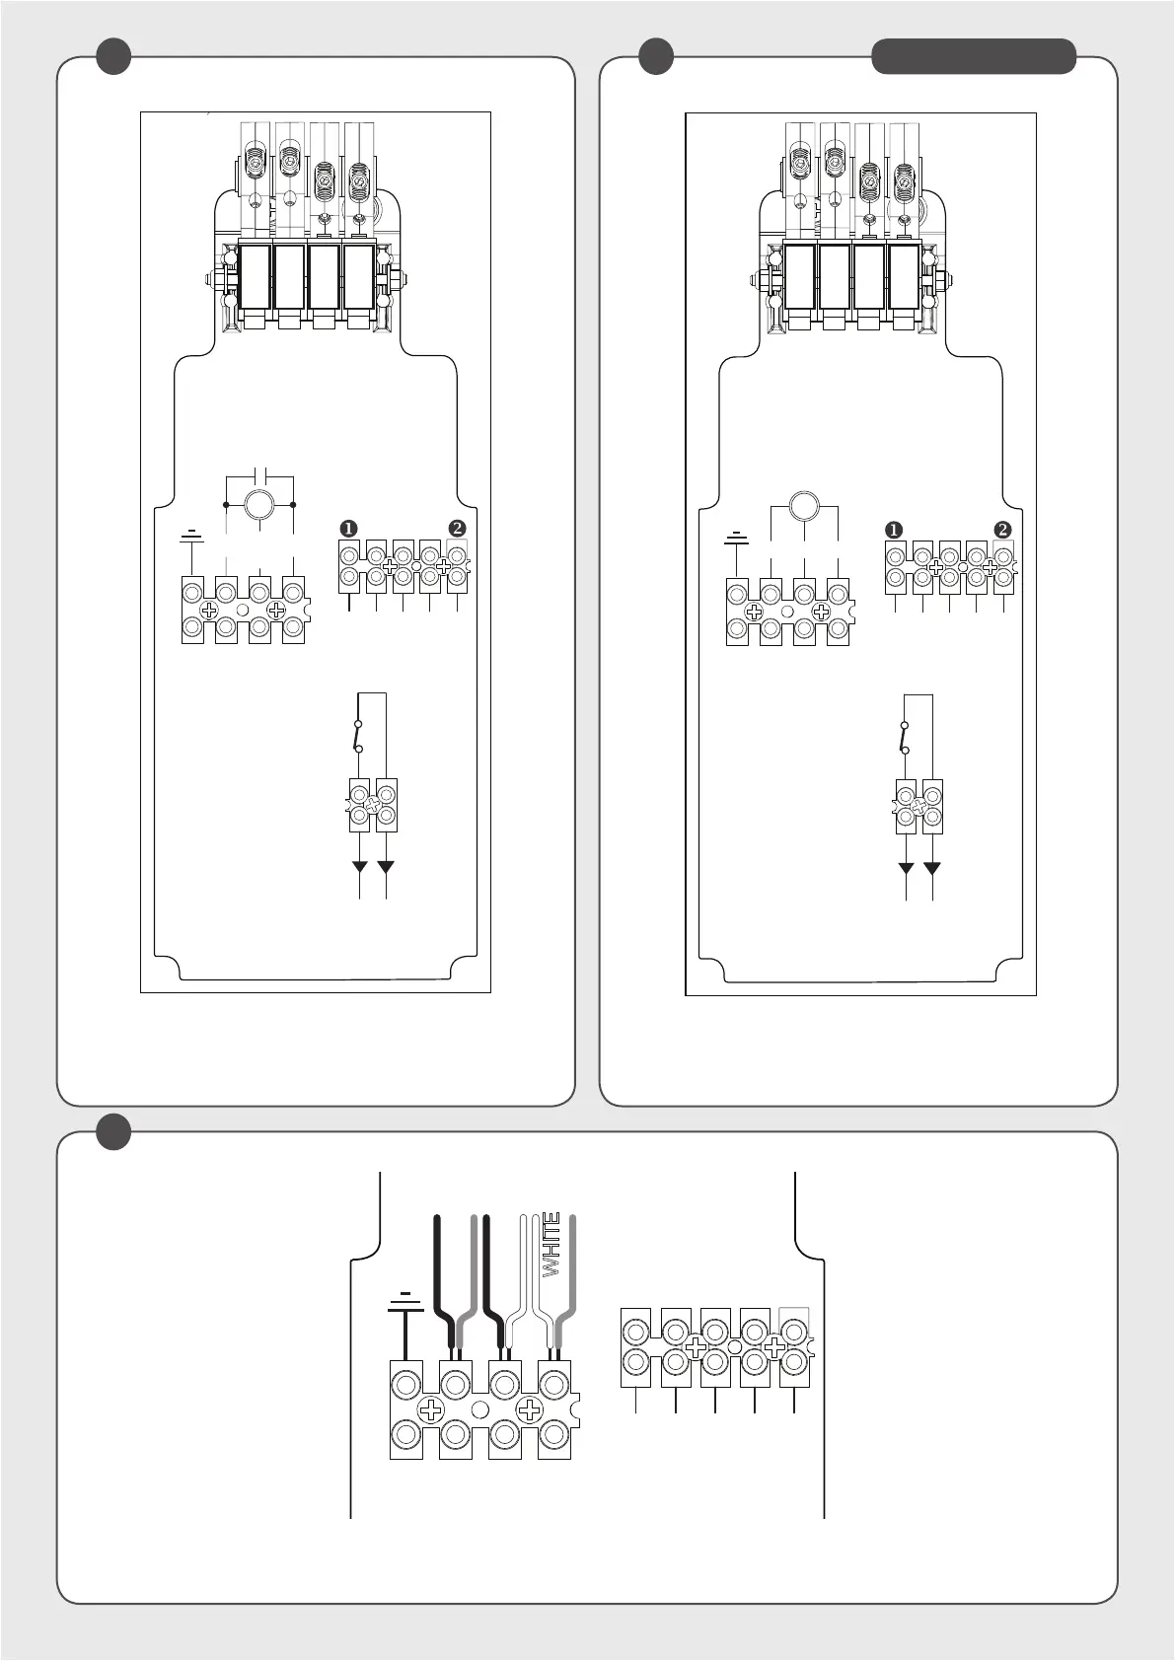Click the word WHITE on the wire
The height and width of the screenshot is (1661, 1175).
click(x=551, y=1244)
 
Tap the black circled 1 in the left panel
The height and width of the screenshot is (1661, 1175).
click(x=348, y=528)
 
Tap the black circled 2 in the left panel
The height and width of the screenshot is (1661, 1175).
click(x=457, y=528)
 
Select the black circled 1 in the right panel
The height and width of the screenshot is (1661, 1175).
click(x=894, y=530)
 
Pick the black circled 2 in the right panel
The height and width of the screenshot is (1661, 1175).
click(x=1002, y=530)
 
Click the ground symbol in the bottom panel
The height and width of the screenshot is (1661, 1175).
click(x=405, y=1304)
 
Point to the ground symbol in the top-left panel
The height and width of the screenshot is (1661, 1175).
click(x=192, y=536)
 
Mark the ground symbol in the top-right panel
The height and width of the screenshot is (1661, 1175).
click(x=736, y=538)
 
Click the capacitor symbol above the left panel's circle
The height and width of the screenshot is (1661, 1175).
click(x=260, y=467)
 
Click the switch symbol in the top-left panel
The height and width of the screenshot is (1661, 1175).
click(x=357, y=736)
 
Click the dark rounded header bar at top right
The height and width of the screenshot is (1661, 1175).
click(x=973, y=56)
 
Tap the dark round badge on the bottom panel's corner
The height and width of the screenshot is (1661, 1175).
click(x=113, y=1131)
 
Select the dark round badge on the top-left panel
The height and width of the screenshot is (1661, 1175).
click(x=113, y=56)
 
